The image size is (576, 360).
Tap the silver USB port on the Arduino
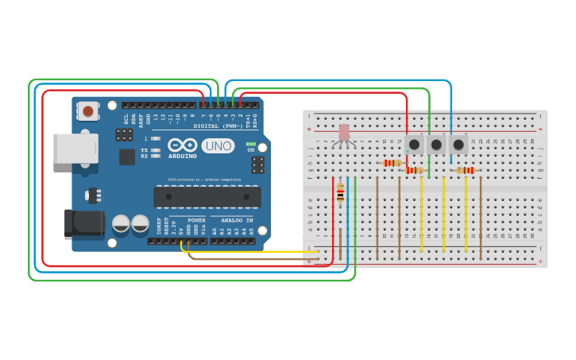[75, 149]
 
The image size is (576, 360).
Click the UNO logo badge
[218, 145]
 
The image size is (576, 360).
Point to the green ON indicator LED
[251, 143]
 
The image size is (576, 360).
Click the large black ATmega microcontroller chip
[207, 196]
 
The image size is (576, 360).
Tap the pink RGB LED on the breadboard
[344, 133]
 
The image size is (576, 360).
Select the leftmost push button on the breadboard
[414, 145]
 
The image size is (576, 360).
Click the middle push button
[435, 145]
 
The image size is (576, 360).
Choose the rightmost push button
[458, 145]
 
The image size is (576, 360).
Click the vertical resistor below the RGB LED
[340, 193]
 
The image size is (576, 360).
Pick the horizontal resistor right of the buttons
[464, 170]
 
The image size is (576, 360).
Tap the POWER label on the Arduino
[196, 220]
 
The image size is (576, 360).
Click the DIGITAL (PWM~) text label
[217, 126]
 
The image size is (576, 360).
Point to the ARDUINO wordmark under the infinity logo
[182, 157]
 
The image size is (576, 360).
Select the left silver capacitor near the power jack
[121, 223]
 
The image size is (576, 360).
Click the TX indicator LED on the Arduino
[157, 149]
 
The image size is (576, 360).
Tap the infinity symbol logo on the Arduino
[182, 145]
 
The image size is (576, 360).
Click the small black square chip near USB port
[127, 157]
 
